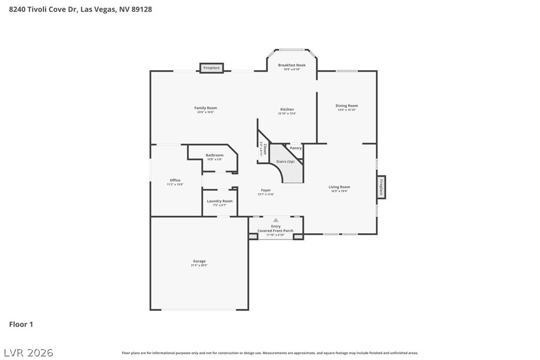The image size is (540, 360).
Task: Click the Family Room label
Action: tap(205, 108)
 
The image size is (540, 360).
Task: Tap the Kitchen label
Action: tap(287, 109)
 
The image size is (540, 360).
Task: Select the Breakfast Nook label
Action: tap(292, 65)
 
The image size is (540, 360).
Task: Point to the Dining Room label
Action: tap(347, 105)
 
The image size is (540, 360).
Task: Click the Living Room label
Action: tap(339, 187)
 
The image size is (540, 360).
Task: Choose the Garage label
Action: tap(199, 261)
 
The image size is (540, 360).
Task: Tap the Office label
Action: tap(175, 180)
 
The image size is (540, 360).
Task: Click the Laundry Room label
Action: tap(220, 201)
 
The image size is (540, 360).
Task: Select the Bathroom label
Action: tap(215, 155)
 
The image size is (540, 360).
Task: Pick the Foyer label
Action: tap(266, 190)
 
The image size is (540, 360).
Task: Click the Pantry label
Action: tap(296, 148)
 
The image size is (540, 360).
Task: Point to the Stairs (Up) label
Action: tap(285, 162)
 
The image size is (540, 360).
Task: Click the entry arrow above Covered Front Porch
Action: tap(275, 220)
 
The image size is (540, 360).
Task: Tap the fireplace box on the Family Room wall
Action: tap(212, 68)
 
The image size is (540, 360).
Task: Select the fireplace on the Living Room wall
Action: tap(381, 187)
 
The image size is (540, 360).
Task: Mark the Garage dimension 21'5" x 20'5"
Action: tap(199, 266)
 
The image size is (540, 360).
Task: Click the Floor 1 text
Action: tap(21, 324)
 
